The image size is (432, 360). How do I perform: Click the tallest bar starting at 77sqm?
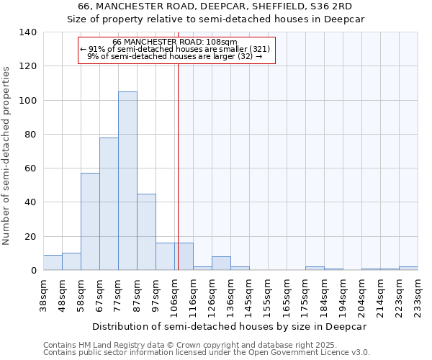(127, 181)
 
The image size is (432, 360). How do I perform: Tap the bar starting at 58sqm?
(90, 222)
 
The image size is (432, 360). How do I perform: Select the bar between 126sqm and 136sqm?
(221, 264)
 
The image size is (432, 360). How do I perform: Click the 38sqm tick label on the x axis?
(43, 294)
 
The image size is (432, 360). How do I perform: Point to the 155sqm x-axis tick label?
(268, 294)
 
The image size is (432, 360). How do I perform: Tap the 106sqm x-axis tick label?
(174, 294)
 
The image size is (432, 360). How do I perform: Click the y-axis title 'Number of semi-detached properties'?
(7, 155)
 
